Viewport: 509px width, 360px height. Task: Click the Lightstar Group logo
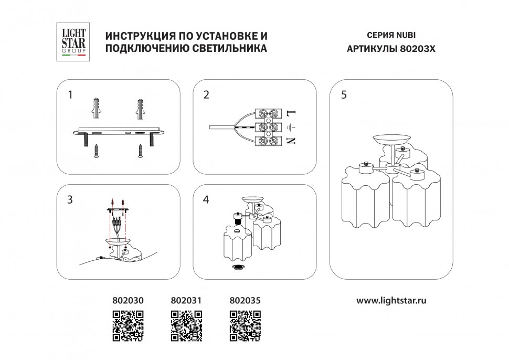[74, 43]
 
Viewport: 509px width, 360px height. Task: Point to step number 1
[70, 95]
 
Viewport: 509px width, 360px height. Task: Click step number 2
[206, 95]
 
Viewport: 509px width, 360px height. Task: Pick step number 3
[70, 200]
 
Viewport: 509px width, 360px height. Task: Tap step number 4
[206, 200]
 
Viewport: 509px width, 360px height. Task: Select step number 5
[344, 95]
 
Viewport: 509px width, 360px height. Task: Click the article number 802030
[128, 301]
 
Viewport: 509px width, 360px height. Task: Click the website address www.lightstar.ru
[391, 301]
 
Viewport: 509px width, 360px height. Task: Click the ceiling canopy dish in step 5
[391, 140]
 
